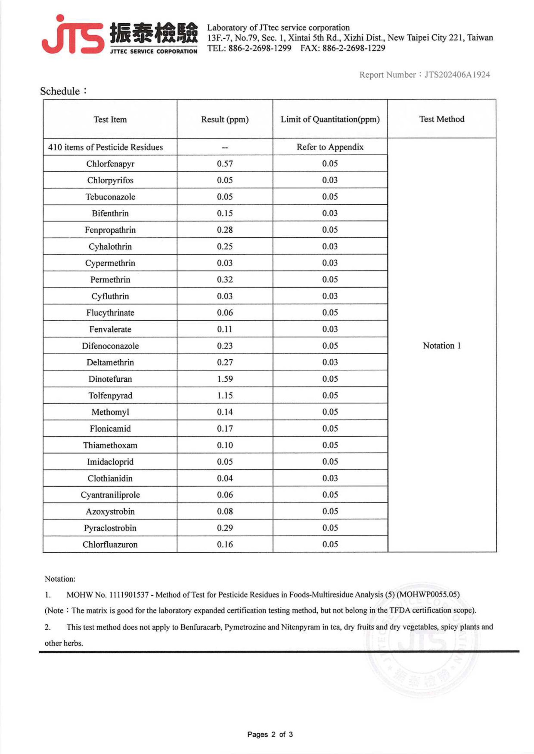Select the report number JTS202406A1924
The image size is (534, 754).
(x=457, y=75)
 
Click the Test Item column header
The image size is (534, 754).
(x=110, y=120)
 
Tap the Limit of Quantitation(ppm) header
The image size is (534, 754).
(x=330, y=119)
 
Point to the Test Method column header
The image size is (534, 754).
(x=442, y=119)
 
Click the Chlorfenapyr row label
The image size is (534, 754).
(x=110, y=164)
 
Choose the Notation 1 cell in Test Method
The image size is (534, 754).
(x=442, y=346)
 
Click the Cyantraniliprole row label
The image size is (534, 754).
(x=110, y=495)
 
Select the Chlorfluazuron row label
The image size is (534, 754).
(x=110, y=544)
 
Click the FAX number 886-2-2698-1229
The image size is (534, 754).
(x=353, y=48)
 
